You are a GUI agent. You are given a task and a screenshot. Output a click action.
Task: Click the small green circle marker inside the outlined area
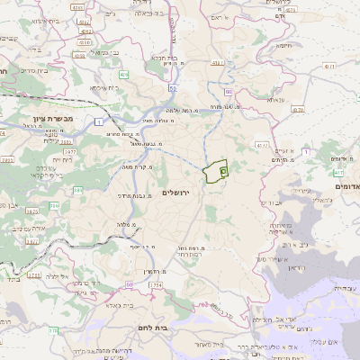223,168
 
